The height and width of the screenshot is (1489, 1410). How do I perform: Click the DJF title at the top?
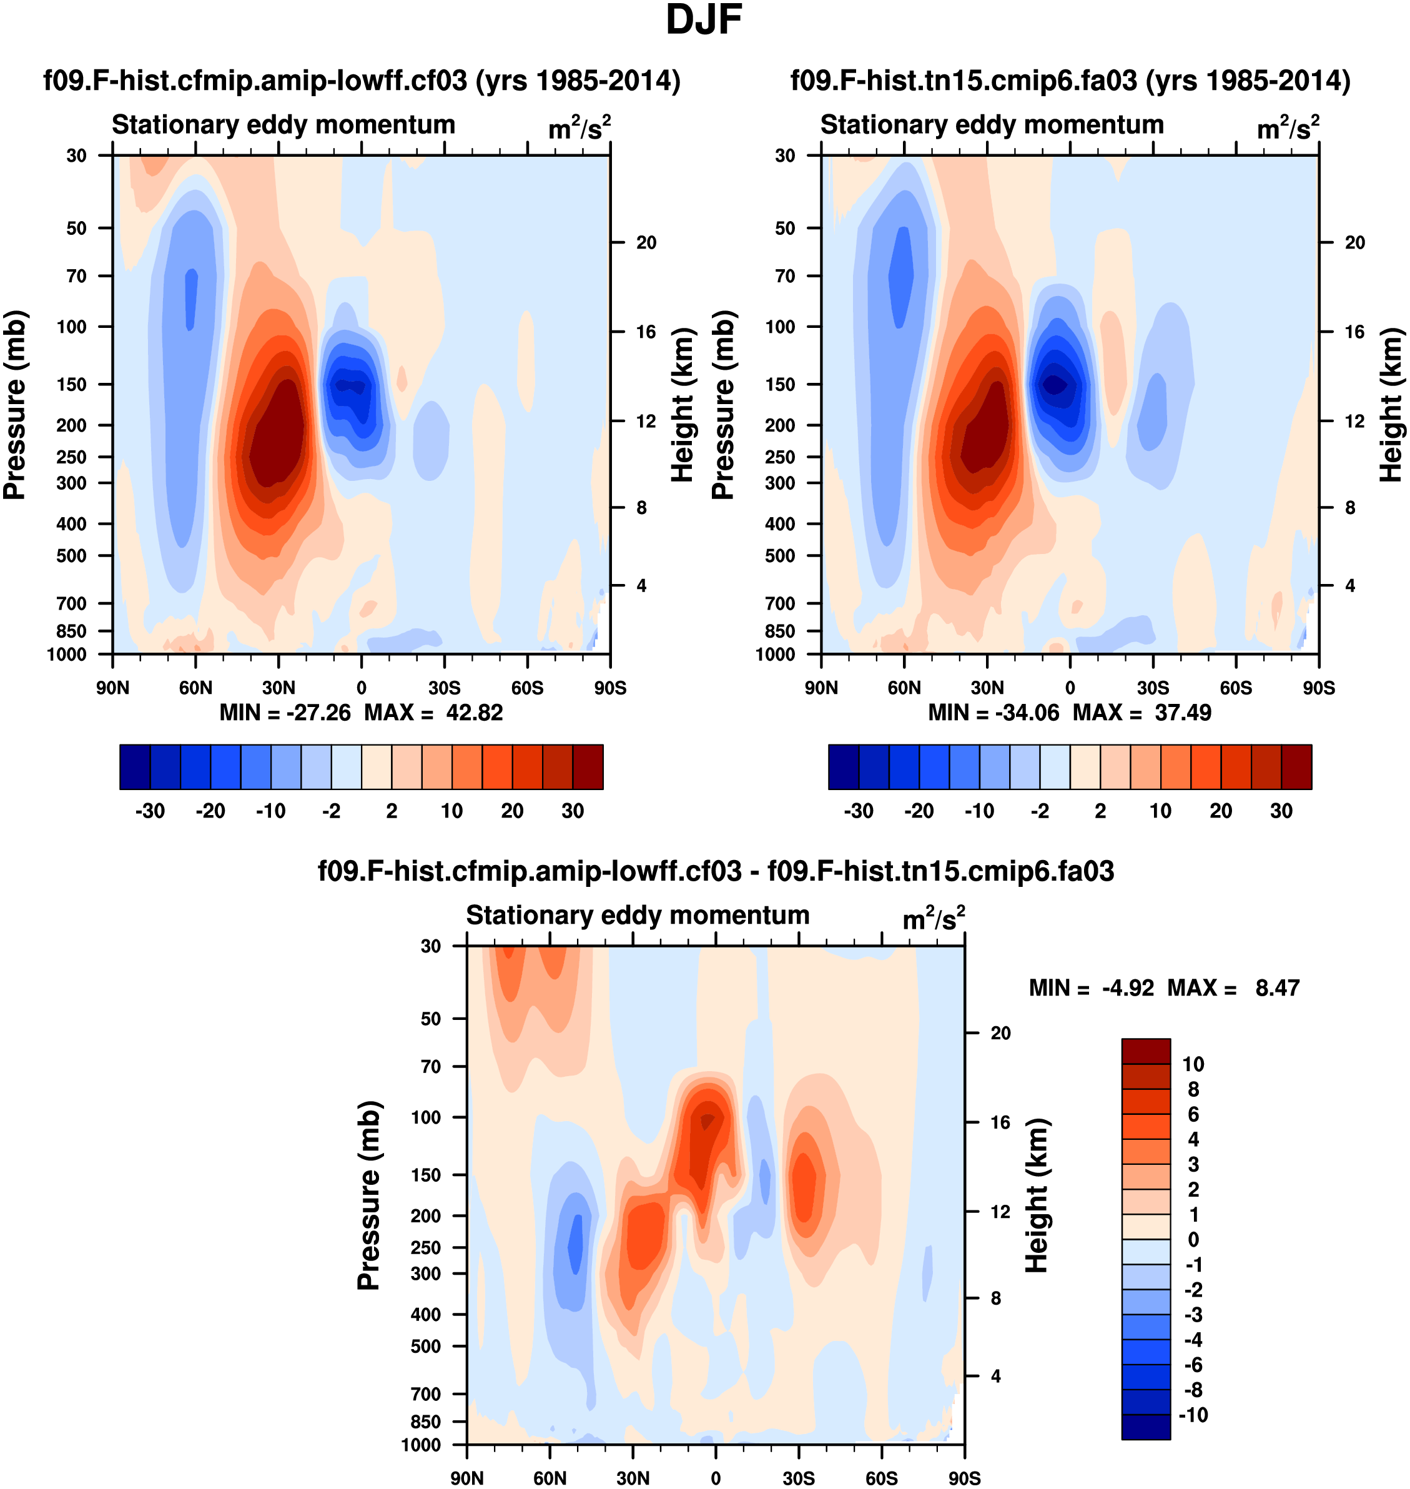pyautogui.click(x=704, y=20)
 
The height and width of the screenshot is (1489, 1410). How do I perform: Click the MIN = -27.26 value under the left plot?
pyautogui.click(x=285, y=713)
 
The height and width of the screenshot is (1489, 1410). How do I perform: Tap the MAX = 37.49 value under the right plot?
pyautogui.click(x=1141, y=713)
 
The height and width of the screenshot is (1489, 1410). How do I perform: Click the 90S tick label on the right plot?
pyautogui.click(x=1318, y=688)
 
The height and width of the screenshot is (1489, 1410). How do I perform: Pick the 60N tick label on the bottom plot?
pyautogui.click(x=550, y=1478)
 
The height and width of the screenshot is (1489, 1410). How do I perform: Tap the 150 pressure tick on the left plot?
pyautogui.click(x=72, y=384)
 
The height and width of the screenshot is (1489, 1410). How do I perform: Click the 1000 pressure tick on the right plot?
pyautogui.click(x=775, y=654)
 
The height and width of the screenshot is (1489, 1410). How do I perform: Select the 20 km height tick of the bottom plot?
pyautogui.click(x=1000, y=1033)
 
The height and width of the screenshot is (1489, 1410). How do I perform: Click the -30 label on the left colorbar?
pyautogui.click(x=150, y=811)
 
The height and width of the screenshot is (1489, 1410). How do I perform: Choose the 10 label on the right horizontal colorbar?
pyautogui.click(x=1160, y=811)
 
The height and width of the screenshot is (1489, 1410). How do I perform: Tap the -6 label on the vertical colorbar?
pyautogui.click(x=1193, y=1365)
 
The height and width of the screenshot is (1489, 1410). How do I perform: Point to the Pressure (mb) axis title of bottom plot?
pyautogui.click(x=369, y=1195)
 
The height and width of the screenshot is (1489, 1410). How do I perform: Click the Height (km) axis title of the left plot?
pyautogui.click(x=682, y=404)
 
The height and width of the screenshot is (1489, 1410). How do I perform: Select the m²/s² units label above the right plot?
pyautogui.click(x=1288, y=129)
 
